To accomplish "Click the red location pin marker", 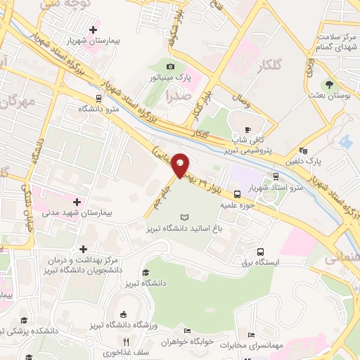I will click(181, 165).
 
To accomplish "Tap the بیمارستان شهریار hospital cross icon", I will click(93, 30).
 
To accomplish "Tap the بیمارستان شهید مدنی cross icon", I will click(77, 201).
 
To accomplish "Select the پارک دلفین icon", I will click(302, 150).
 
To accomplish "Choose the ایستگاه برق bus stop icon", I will click(261, 251).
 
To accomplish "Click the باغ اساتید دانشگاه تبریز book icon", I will click(185, 218).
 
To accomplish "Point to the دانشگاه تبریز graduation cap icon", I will click(146, 272).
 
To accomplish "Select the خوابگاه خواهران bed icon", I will click(186, 330).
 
